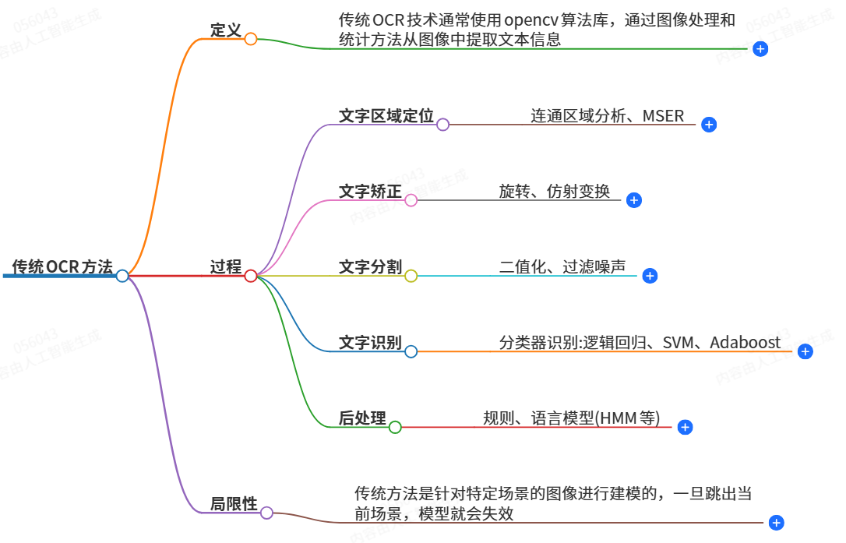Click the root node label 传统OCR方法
[62, 267]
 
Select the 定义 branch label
[226, 30]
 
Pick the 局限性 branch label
[234, 504]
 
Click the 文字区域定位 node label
[386, 116]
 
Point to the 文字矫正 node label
[370, 192]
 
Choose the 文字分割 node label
[370, 267]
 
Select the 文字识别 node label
[370, 343]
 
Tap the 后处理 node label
[362, 418]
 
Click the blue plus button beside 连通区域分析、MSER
[708, 125]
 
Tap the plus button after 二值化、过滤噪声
[650, 276]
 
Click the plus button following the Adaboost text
[805, 351]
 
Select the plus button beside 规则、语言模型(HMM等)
[685, 427]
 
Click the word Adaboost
[745, 343]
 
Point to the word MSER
[663, 116]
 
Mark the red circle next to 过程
[251, 276]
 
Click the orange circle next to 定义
[251, 39]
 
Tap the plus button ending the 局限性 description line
[776, 523]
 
